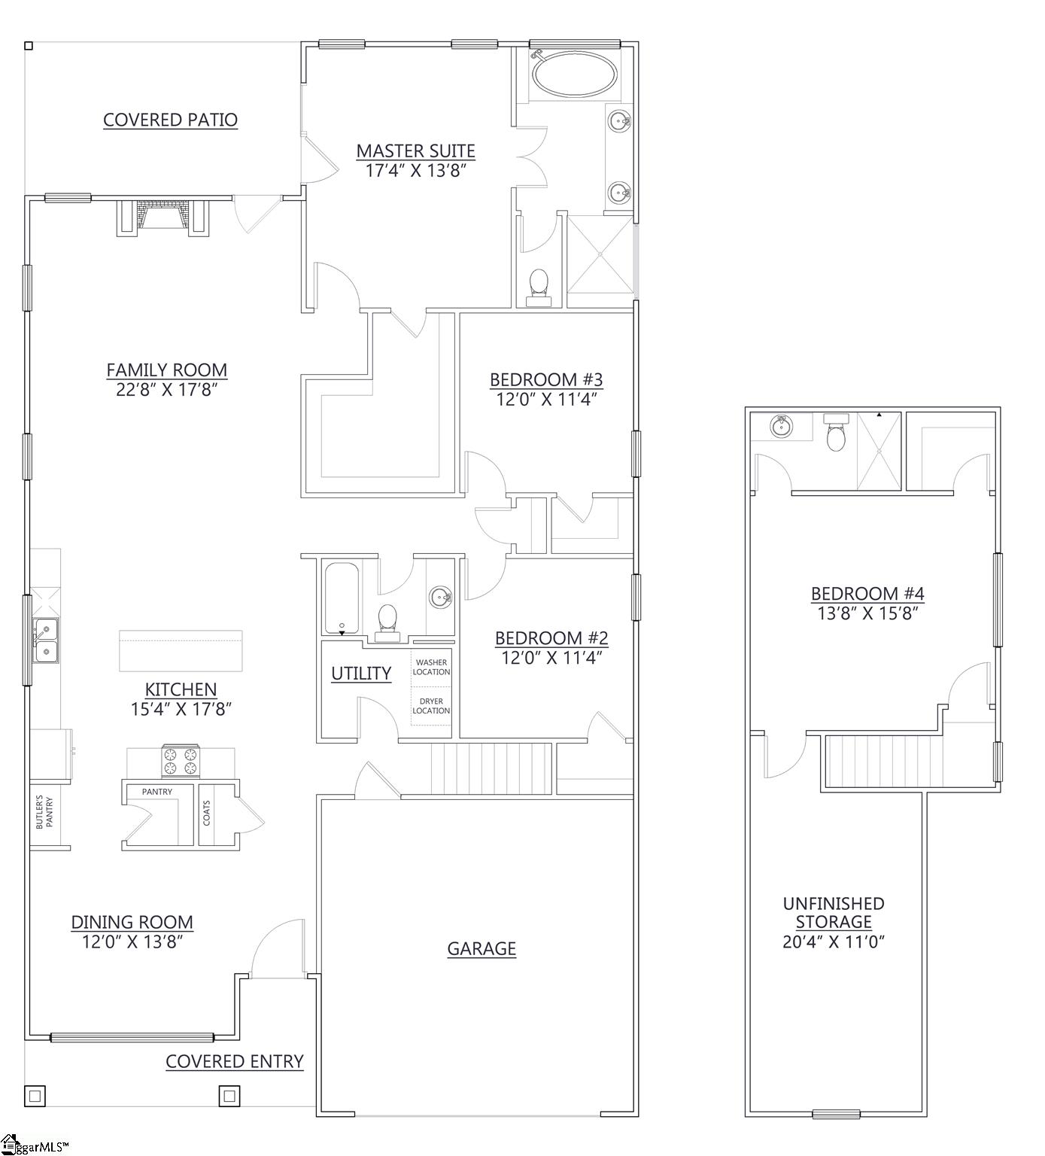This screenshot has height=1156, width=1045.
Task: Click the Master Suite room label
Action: pyautogui.click(x=415, y=151)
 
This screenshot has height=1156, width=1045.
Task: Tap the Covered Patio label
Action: pyautogui.click(x=170, y=120)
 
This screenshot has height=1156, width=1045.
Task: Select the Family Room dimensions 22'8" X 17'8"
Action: pyautogui.click(x=166, y=389)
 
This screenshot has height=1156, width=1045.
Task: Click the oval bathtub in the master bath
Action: pyautogui.click(x=575, y=75)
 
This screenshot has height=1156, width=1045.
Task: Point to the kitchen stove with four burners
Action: pyautogui.click(x=181, y=760)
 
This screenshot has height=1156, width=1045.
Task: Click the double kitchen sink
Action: pyautogui.click(x=46, y=640)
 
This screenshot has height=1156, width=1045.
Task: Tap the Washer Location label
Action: pyautogui.click(x=431, y=667)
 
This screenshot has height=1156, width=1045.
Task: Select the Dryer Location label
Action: pyautogui.click(x=431, y=706)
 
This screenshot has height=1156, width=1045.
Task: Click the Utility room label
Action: pyautogui.click(x=361, y=674)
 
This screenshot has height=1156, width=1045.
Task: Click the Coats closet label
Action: pyautogui.click(x=207, y=813)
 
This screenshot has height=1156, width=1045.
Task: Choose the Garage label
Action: pyautogui.click(x=481, y=949)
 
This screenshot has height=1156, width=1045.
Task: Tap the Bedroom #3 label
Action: pyautogui.click(x=546, y=379)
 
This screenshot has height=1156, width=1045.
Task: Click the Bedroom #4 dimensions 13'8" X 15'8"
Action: pyautogui.click(x=867, y=613)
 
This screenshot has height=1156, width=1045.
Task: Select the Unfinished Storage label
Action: pyautogui.click(x=834, y=912)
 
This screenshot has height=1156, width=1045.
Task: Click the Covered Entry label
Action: pyautogui.click(x=234, y=1061)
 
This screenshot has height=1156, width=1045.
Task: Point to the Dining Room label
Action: pyautogui.click(x=132, y=922)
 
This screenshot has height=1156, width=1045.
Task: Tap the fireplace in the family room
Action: pyautogui.click(x=162, y=216)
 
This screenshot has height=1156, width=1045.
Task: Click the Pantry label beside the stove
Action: pyautogui.click(x=157, y=792)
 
